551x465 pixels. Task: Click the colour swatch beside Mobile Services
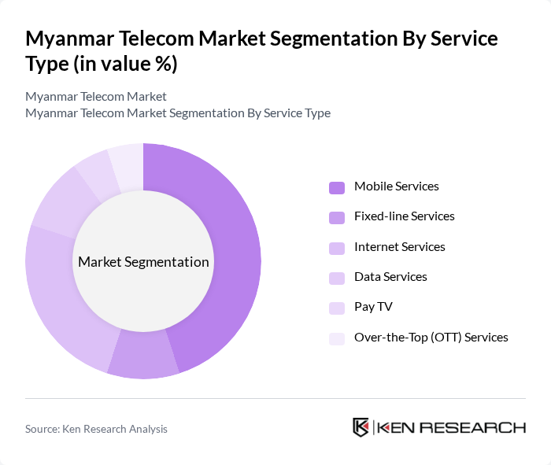coord(337,187)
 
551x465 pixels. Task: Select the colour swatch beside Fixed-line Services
coord(337,217)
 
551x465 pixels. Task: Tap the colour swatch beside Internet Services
coord(337,248)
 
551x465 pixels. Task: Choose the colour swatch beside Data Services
coord(337,278)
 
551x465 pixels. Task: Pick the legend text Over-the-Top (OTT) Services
coord(431,338)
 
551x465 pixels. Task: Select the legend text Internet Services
coord(399,247)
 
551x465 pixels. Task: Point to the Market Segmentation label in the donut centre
coord(143,262)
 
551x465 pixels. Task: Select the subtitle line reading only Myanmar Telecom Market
coord(96,97)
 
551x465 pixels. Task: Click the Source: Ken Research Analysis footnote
coord(96,429)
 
